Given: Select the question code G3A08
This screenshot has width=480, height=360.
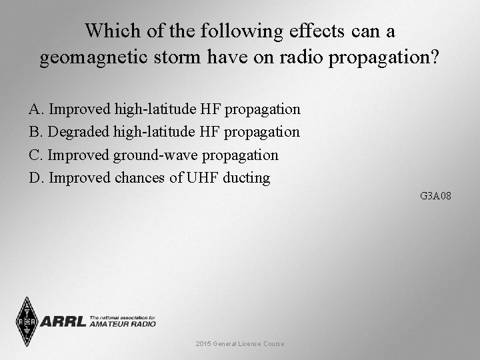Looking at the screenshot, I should point(436,196).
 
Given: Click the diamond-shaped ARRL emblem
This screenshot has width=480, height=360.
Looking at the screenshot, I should point(27,321).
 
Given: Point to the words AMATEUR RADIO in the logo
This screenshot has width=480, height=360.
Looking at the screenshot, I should point(122,324).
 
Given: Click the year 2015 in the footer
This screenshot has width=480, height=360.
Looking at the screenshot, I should point(203,344).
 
